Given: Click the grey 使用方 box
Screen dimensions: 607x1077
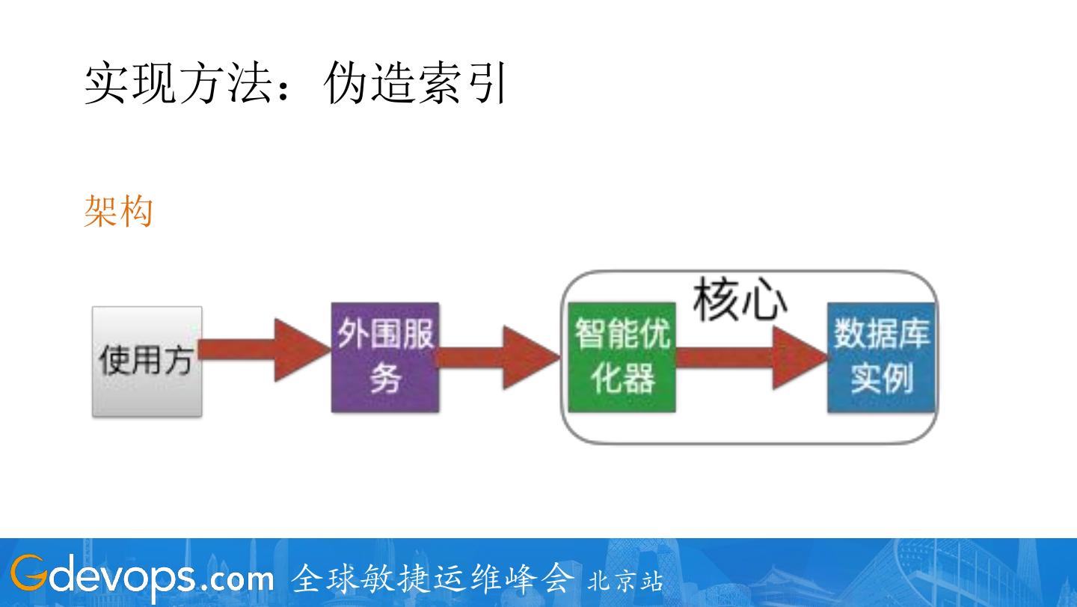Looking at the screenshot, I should [x=147, y=361].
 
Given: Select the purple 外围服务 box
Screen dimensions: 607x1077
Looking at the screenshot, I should [x=384, y=357].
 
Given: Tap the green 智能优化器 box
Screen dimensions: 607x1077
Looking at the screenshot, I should [x=622, y=357].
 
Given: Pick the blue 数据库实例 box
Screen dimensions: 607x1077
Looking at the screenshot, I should [x=882, y=357].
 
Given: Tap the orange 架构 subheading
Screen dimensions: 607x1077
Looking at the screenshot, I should [x=118, y=211].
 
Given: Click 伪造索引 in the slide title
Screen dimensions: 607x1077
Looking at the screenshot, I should [x=416, y=83].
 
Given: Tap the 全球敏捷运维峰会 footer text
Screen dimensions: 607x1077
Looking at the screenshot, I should [x=433, y=578].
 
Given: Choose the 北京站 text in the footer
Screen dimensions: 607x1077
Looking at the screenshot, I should [x=625, y=581].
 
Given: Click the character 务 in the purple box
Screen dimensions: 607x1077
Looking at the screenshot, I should [x=384, y=379].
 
